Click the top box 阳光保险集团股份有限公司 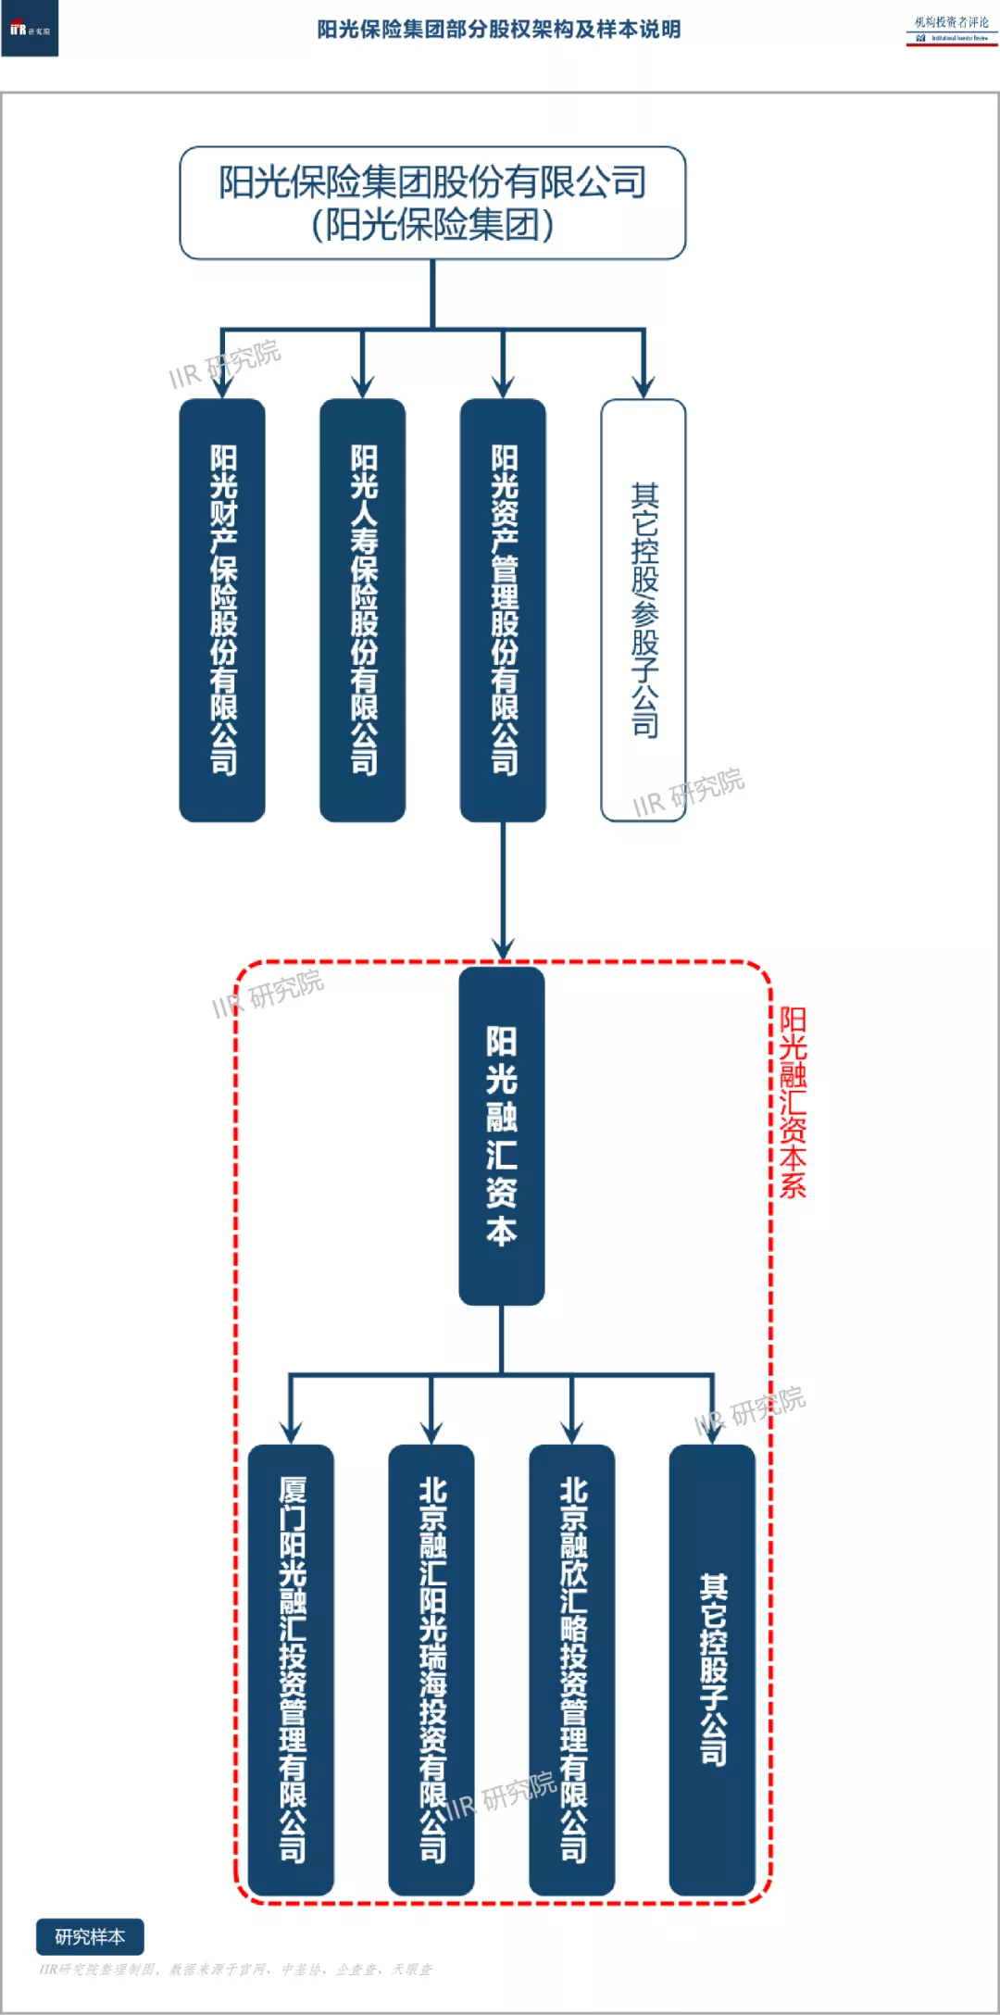pyautogui.click(x=432, y=203)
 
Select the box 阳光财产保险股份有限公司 pyautogui.click(x=222, y=609)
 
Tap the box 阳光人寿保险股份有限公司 pyautogui.click(x=363, y=609)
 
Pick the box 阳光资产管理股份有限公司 pyautogui.click(x=503, y=609)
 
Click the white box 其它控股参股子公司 pyautogui.click(x=644, y=609)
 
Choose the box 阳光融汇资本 pyautogui.click(x=502, y=1136)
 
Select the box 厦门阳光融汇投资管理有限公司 pyautogui.click(x=291, y=1669)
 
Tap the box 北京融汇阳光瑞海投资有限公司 pyautogui.click(x=431, y=1669)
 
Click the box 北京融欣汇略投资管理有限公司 pyautogui.click(x=572, y=1669)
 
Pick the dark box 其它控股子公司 pyautogui.click(x=712, y=1669)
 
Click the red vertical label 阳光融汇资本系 pyautogui.click(x=793, y=1102)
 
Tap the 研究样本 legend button pyautogui.click(x=90, y=1936)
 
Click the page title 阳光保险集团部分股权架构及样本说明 pyautogui.click(x=499, y=30)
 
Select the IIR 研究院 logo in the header pyautogui.click(x=30, y=30)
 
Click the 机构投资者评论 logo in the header pyautogui.click(x=951, y=29)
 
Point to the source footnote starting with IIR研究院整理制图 pyautogui.click(x=235, y=1970)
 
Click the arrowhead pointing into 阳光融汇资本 pyautogui.click(x=503, y=950)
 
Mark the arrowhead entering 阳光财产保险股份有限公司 pyautogui.click(x=222, y=387)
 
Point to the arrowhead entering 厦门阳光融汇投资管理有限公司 pyautogui.click(x=291, y=1432)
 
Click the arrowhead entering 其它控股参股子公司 pyautogui.click(x=644, y=387)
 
